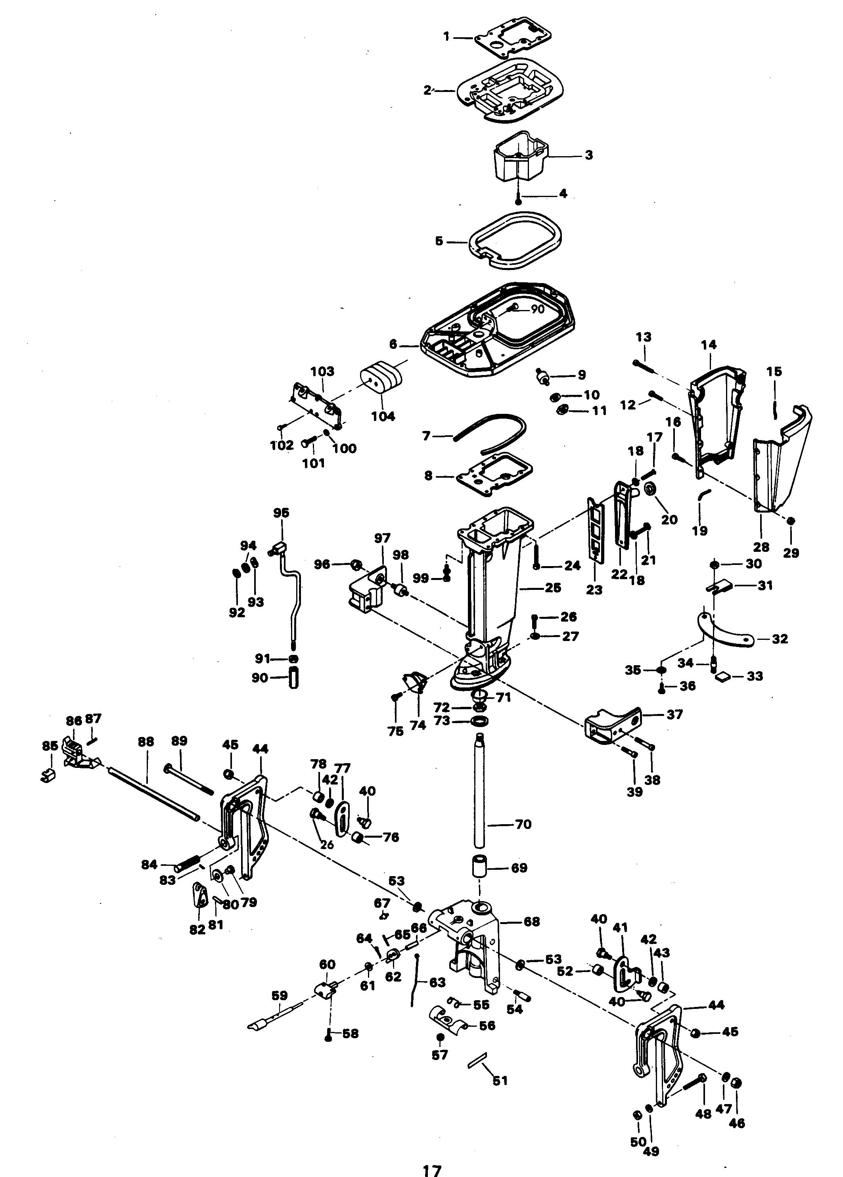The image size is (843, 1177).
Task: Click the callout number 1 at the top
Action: click(x=446, y=37)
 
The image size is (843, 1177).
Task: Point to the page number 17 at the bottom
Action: click(x=432, y=1168)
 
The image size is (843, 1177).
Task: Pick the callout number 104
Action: click(x=383, y=416)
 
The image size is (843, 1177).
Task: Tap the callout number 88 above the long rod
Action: click(x=146, y=742)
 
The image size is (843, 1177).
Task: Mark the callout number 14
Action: click(x=709, y=344)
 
